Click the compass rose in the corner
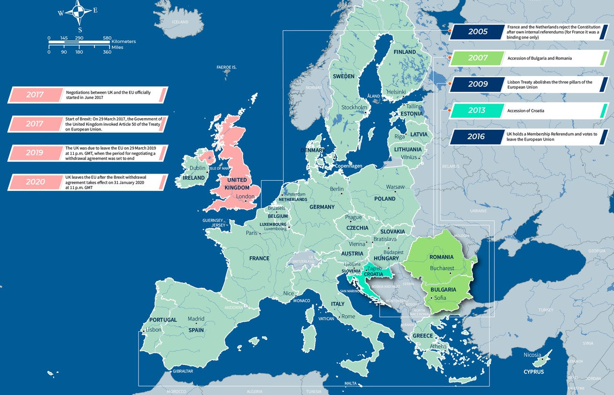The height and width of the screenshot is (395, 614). tap(77, 13)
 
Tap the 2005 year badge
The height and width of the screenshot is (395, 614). tap(478, 32)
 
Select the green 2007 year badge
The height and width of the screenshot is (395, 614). tap(478, 58)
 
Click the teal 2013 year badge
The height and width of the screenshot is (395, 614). tap(477, 110)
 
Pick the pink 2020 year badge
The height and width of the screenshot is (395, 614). tap(35, 182)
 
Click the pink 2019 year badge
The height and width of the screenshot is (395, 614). tap(35, 153)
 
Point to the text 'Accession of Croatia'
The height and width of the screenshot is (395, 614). tap(525, 111)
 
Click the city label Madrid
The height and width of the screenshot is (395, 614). tap(196, 319)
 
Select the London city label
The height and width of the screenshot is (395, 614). tap(245, 197)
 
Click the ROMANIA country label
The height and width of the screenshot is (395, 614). tap(441, 257)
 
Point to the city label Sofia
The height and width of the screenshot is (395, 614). tap(440, 298)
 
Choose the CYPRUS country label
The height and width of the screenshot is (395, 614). tap(533, 372)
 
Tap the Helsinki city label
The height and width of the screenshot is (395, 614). tap(396, 92)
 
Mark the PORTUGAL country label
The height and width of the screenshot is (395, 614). tap(163, 320)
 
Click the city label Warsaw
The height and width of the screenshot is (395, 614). tap(395, 187)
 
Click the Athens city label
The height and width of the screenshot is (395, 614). tap(438, 346)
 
